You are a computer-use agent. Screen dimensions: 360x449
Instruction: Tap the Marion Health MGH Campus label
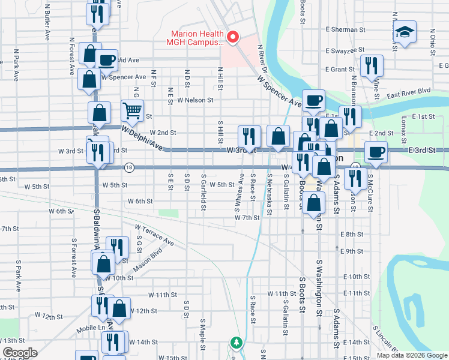(x=197, y=38)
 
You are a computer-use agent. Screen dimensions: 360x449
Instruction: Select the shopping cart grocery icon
(x=132, y=110)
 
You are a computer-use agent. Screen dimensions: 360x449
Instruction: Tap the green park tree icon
(x=237, y=343)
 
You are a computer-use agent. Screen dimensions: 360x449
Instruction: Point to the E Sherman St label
(x=345, y=29)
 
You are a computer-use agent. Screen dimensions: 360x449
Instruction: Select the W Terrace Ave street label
(x=154, y=235)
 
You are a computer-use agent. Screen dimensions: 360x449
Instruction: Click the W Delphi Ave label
(x=142, y=137)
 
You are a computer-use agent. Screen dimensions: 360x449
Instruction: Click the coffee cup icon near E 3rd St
(x=376, y=152)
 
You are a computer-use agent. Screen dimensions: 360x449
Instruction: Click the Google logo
(x=20, y=353)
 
